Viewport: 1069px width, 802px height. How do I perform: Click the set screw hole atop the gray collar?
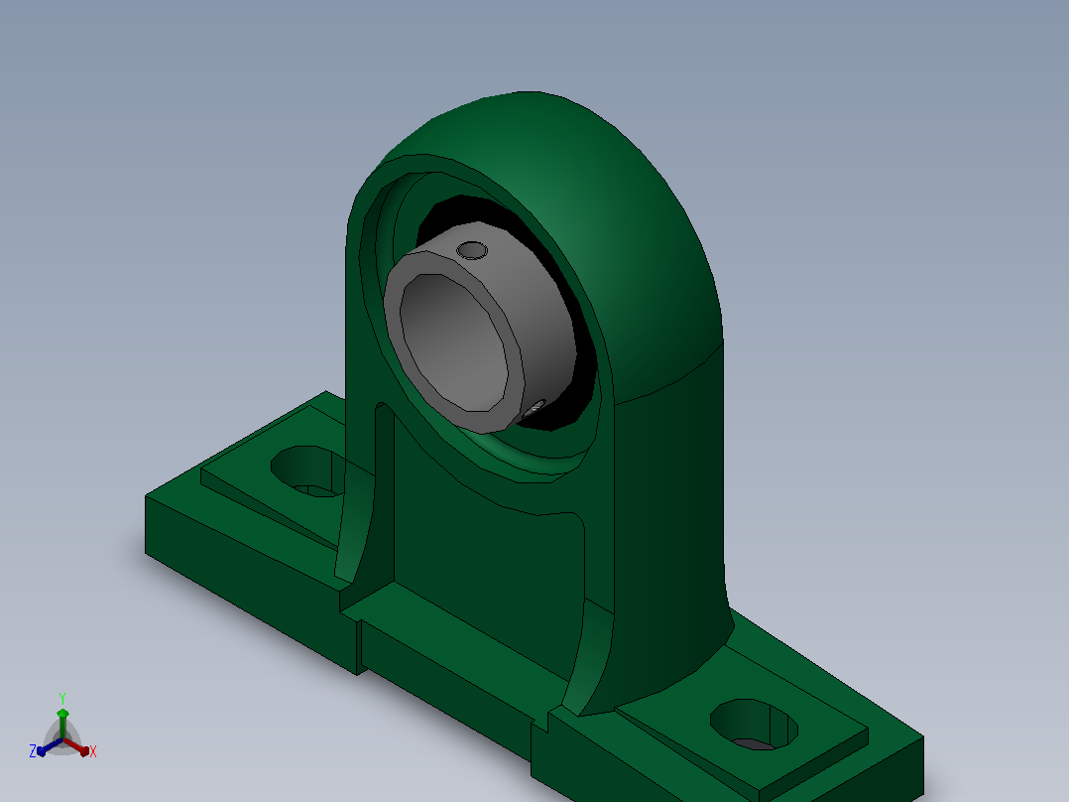coord(472,250)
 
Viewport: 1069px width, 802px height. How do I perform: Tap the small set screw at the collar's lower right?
coord(534,408)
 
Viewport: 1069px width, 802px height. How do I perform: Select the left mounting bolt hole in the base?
coord(306,470)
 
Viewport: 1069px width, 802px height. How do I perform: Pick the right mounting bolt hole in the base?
coord(754,725)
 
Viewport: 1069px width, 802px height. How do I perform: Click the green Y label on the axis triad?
coord(62,699)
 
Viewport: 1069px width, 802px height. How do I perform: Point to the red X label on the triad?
coord(93,751)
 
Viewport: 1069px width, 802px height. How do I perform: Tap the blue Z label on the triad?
coord(32,751)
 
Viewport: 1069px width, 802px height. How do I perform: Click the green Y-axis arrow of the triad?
coord(62,724)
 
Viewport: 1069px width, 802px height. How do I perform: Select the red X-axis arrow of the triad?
coord(76,746)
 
